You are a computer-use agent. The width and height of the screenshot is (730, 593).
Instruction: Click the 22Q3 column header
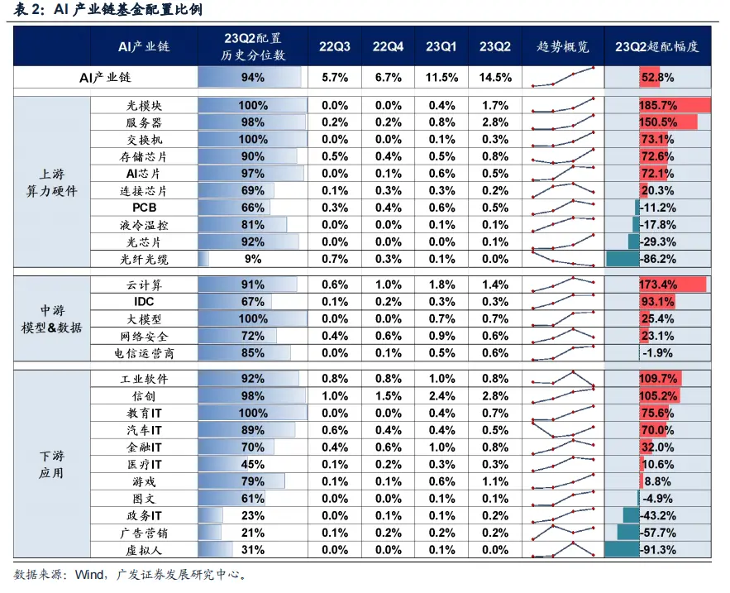335,46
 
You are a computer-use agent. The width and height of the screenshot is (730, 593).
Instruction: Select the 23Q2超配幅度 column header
657,46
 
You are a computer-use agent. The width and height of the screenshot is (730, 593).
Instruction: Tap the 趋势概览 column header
563,46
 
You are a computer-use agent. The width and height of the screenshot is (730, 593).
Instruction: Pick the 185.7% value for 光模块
657,106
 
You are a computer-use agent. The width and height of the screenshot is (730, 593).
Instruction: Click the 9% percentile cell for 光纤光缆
252,259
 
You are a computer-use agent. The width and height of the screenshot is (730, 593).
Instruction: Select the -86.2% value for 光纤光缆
657,259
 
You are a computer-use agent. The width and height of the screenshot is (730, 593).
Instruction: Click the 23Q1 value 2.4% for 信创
441,395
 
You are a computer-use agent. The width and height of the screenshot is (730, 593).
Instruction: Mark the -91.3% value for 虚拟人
657,549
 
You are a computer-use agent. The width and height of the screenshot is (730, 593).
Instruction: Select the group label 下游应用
51,465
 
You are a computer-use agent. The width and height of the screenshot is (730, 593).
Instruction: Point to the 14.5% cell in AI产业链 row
494,78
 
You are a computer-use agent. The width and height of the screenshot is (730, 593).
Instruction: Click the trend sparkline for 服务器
563,123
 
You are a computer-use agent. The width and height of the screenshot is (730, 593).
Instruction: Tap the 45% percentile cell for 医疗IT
252,464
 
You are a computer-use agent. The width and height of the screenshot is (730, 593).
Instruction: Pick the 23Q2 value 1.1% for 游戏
494,481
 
